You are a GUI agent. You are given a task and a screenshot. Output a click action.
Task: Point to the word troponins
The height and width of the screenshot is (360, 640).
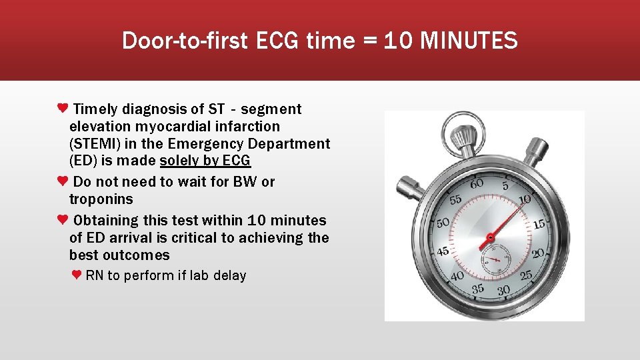point(101,199)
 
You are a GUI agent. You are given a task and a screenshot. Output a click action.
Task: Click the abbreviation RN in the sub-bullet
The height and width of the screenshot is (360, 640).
point(95,276)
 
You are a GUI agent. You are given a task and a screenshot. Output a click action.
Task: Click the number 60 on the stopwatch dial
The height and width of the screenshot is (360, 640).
point(477,183)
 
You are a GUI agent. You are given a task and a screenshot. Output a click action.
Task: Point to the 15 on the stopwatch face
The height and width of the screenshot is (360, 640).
point(538,225)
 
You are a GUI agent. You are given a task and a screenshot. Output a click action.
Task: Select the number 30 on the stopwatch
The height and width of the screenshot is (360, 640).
point(503,290)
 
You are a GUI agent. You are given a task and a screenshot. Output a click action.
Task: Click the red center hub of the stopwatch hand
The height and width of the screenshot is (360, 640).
point(490,237)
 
